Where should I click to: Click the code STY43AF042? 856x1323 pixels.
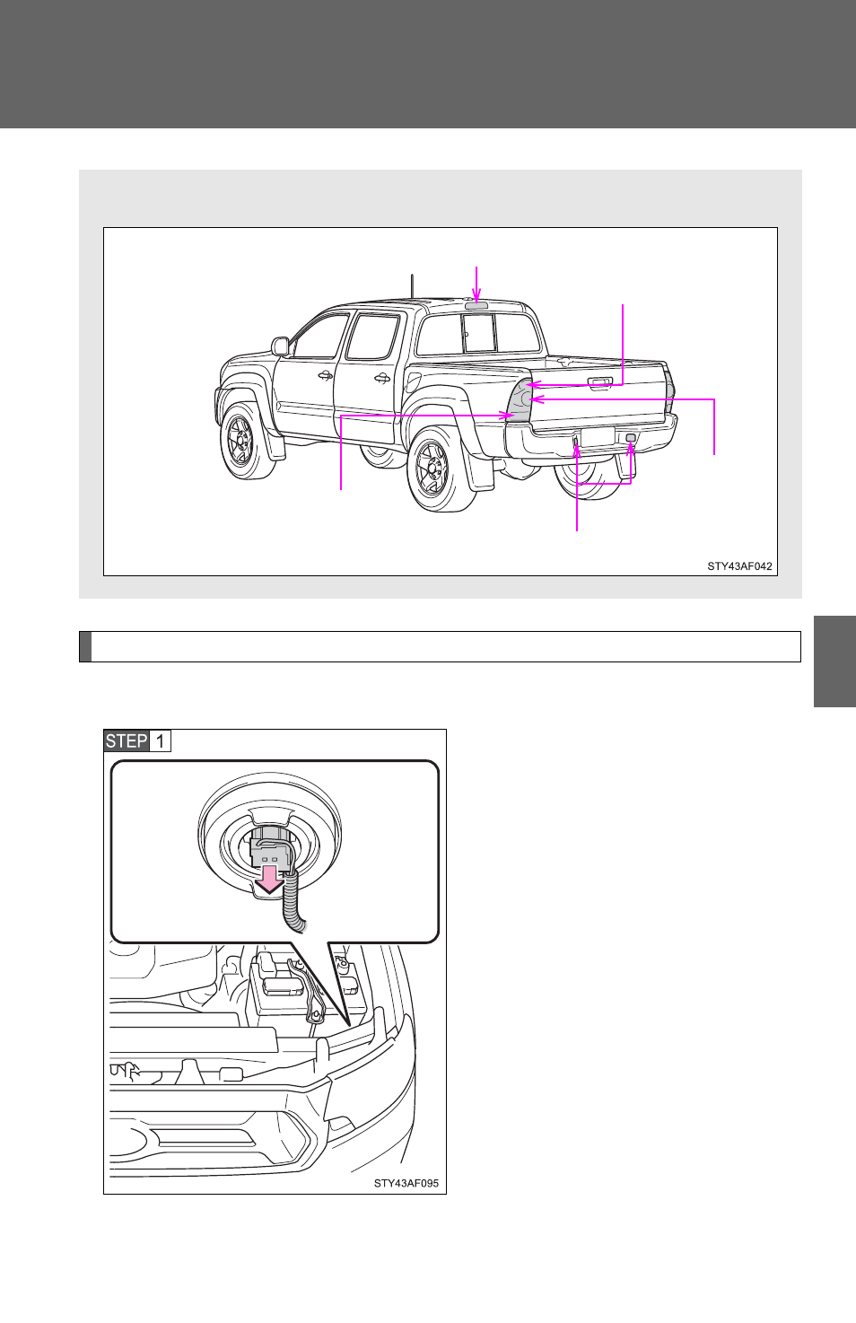pyautogui.click(x=739, y=565)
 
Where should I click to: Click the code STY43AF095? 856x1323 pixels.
pyautogui.click(x=406, y=1183)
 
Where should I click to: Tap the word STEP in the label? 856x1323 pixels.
pyautogui.click(x=127, y=740)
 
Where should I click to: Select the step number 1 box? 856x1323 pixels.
pyautogui.click(x=160, y=740)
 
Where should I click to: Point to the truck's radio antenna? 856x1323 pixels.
pyautogui.click(x=412, y=286)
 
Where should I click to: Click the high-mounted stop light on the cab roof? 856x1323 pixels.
pyautogui.click(x=476, y=305)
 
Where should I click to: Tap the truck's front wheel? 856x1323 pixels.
pyautogui.click(x=247, y=440)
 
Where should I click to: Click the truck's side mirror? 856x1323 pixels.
pyautogui.click(x=280, y=346)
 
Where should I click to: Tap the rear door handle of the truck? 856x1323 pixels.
pyautogui.click(x=381, y=378)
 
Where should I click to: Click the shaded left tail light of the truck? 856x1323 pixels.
pyautogui.click(x=520, y=399)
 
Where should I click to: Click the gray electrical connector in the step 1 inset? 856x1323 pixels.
pyautogui.click(x=269, y=854)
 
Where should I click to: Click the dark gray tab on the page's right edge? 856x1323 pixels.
pyautogui.click(x=834, y=661)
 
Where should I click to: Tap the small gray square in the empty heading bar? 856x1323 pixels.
pyautogui.click(x=85, y=647)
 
